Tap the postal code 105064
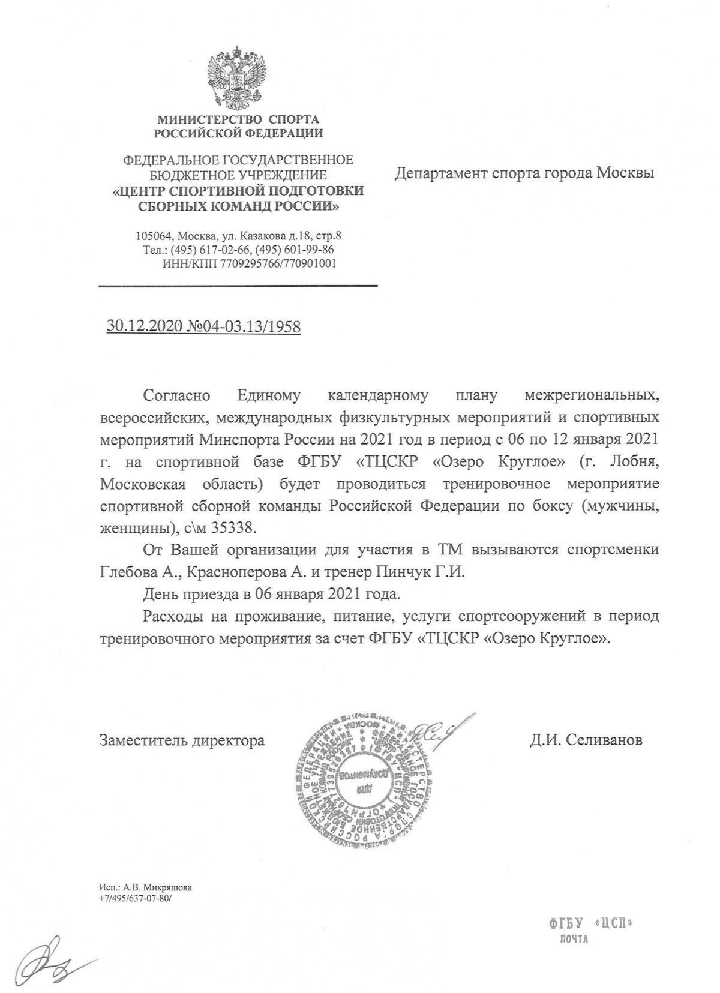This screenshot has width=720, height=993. click(151, 236)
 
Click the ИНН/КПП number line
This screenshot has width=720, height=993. click(249, 263)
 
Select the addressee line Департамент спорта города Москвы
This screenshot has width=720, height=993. click(524, 173)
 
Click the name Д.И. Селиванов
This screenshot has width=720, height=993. click(586, 740)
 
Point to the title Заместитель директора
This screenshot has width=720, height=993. click(182, 740)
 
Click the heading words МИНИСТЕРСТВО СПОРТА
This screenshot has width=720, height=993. click(238, 119)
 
